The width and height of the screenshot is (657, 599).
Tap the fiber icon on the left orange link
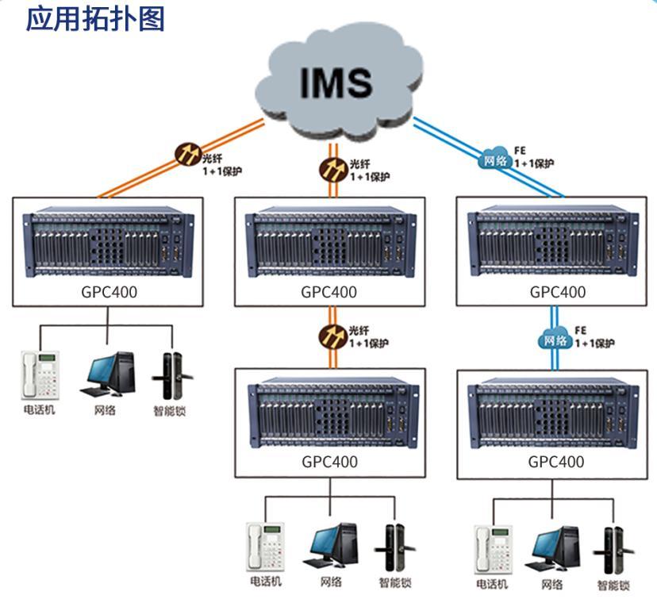pos(188,152)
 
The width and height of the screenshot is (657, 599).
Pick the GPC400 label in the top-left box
pos(107,291)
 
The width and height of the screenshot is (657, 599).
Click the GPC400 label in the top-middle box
pos(328,291)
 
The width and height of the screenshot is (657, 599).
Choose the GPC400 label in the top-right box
pos(558,291)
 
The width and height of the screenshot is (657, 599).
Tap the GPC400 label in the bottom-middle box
pos(328,461)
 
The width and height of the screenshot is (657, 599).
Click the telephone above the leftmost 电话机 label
pos(38,374)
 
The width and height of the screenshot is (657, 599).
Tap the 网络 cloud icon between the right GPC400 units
pos(555,340)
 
